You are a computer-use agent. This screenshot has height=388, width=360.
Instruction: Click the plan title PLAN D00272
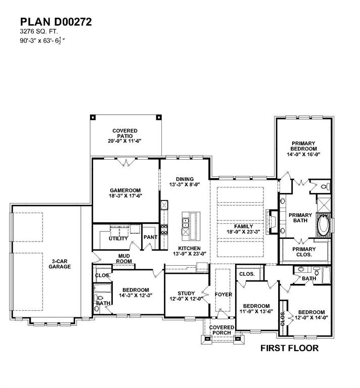pyautogui.click(x=56, y=22)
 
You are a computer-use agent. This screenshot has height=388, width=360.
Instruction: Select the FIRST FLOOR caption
pyautogui.click(x=289, y=348)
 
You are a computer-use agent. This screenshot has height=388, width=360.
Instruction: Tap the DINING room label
pyautogui.click(x=185, y=179)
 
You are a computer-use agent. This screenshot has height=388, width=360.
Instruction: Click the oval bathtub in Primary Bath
pyautogui.click(x=323, y=225)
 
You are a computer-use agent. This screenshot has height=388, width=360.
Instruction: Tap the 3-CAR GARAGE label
pyautogui.click(x=60, y=263)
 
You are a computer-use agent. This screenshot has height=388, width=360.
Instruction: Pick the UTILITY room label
pyautogui.click(x=118, y=238)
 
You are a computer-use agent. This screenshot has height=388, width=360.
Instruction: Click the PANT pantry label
pyautogui.click(x=150, y=237)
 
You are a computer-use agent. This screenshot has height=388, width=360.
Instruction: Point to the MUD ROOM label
pyautogui.click(x=124, y=259)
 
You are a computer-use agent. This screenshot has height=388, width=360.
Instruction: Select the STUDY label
pyautogui.click(x=186, y=294)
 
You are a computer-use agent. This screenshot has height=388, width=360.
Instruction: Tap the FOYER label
pyautogui.click(x=223, y=294)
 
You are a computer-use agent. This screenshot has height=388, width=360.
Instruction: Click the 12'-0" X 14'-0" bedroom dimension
pyautogui.click(x=311, y=318)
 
